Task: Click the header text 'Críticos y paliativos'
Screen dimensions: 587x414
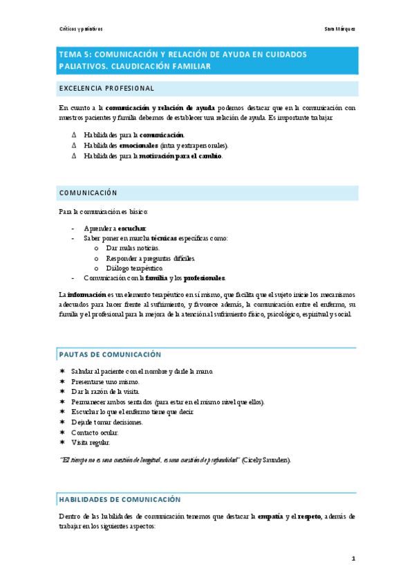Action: (81, 29)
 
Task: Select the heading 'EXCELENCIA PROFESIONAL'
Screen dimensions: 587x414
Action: (106, 89)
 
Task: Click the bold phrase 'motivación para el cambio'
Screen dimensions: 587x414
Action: (180, 156)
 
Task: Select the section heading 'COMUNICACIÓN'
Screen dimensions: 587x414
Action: (88, 192)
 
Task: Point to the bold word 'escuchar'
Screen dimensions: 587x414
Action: (131, 228)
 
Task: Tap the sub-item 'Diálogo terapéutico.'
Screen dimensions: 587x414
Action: (135, 268)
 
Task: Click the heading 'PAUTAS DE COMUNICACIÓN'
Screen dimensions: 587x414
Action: (110, 354)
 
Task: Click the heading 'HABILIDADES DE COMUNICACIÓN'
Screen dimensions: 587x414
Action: (120, 498)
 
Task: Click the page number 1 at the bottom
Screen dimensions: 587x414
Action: (352, 558)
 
